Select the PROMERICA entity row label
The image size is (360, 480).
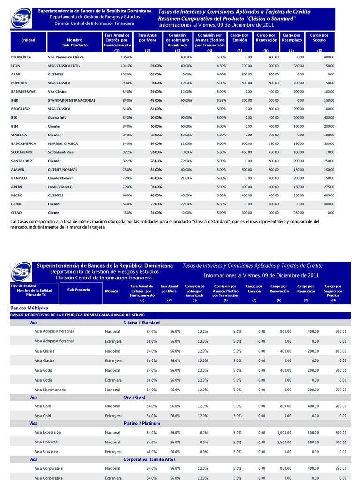pos(21,57)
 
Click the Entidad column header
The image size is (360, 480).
pos(28,40)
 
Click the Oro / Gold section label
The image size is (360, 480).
pos(134,397)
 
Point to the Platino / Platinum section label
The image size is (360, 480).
pos(142,423)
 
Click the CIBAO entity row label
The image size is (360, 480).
pos(17,213)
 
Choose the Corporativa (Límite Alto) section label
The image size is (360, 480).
pos(149,460)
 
